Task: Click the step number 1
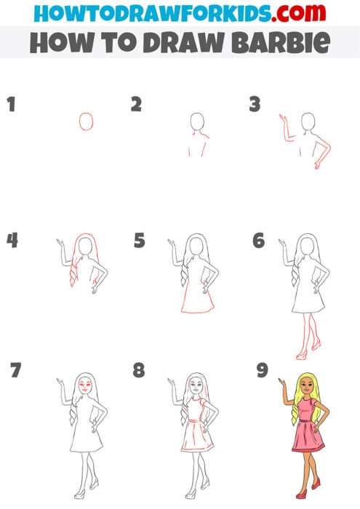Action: tap(11, 104)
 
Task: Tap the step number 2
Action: tap(136, 104)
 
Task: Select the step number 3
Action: tap(255, 104)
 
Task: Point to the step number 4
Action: tap(12, 240)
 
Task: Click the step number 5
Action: tap(140, 240)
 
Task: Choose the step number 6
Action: tap(258, 240)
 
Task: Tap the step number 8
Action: tap(139, 371)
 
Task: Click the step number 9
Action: tap(263, 371)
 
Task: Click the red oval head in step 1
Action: tap(86, 121)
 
